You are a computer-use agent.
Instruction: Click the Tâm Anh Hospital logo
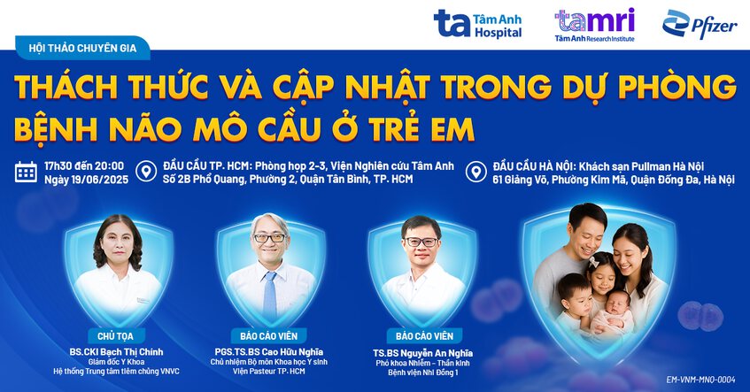click(477, 24)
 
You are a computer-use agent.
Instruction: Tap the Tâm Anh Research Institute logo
click(594, 24)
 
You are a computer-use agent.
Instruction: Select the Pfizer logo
click(699, 24)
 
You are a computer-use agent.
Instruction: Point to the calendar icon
click(27, 172)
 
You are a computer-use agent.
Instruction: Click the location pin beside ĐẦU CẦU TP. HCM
click(149, 171)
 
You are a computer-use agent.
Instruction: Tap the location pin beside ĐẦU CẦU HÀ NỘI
click(477, 171)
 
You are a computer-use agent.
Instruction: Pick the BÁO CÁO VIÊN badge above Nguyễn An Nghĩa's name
click(424, 336)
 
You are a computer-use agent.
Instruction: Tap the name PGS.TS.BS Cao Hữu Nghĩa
click(269, 350)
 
